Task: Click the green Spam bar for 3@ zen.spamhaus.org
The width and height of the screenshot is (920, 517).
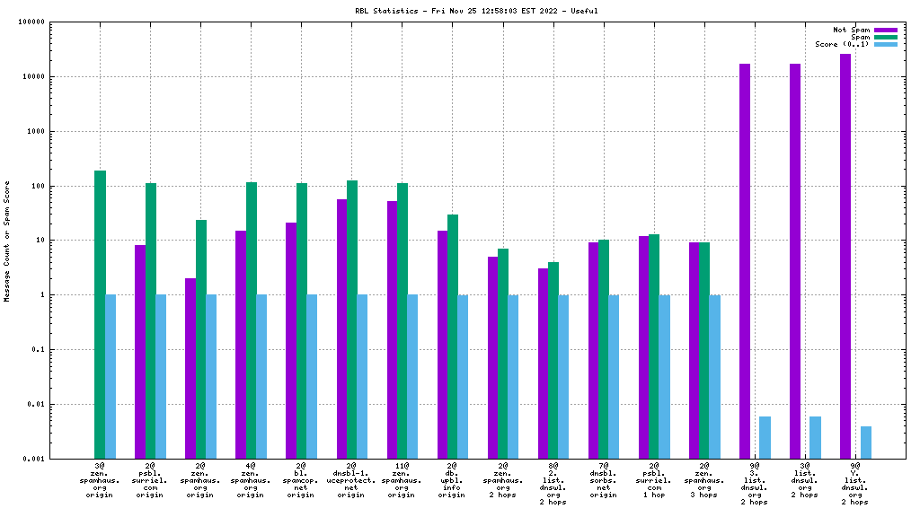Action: pos(100,314)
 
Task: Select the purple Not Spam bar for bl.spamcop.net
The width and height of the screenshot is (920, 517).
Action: pos(291,340)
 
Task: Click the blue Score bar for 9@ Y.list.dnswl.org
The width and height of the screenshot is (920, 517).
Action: pos(866,443)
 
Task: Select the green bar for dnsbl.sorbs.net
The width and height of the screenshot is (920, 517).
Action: pos(604,349)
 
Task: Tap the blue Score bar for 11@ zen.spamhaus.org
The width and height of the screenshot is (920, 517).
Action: pos(412,376)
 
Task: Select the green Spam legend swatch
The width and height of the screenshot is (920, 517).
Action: pos(885,37)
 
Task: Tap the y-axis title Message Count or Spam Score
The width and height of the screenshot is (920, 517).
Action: pos(8,241)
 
